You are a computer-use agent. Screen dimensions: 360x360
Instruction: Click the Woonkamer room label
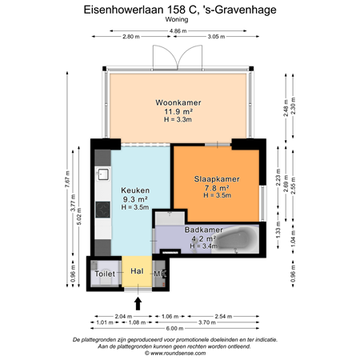click(x=178, y=103)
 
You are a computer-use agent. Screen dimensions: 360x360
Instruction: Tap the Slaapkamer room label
click(x=216, y=179)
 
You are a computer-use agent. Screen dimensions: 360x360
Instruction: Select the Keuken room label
click(x=134, y=190)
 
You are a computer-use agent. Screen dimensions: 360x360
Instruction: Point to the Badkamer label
click(x=203, y=230)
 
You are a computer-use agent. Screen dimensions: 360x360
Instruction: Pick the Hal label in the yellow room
click(x=137, y=272)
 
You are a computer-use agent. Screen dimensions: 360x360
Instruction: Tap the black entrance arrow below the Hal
click(x=138, y=302)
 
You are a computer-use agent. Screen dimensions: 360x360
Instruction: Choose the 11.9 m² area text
click(x=178, y=112)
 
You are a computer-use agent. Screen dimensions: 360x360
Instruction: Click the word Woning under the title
click(x=179, y=22)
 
